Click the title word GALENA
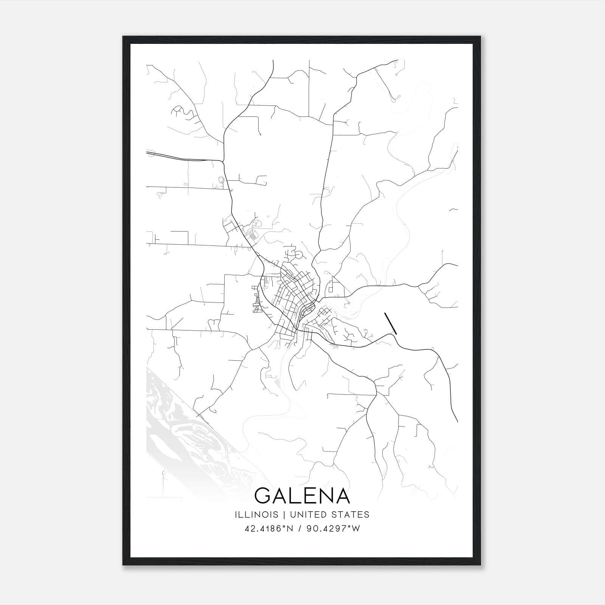coord(302,496)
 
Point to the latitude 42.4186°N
coord(269,529)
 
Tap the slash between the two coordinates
coord(300,529)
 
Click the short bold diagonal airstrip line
coord(391,323)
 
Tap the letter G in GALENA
coord(263,496)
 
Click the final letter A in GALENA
coord(342,496)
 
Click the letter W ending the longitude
coord(356,529)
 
